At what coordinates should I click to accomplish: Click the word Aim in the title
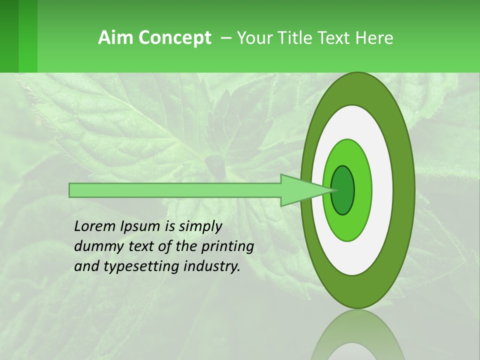[x=116, y=38]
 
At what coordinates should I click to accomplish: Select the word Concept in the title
[x=174, y=38]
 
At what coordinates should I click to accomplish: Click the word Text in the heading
[x=336, y=38]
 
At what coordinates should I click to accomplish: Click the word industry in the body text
[x=212, y=266]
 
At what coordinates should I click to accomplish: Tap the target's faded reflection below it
[x=357, y=337]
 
